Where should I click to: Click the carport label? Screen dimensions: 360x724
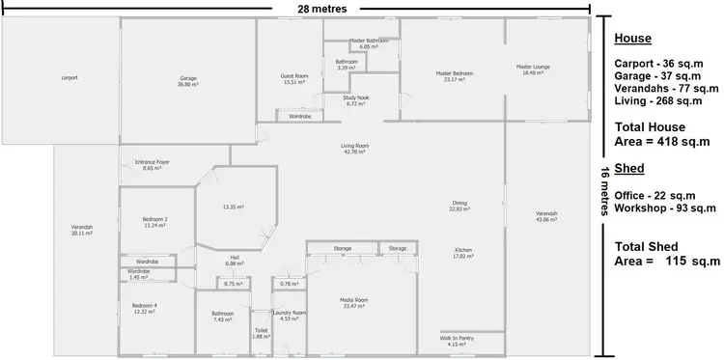[70, 77]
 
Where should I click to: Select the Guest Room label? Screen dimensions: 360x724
[294, 76]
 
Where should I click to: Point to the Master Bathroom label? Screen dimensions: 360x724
[368, 41]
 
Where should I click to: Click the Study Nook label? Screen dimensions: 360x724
[356, 98]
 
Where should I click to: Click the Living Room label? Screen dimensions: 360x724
[354, 147]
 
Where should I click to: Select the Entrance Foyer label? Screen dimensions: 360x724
[153, 162]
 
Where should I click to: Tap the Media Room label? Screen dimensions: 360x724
[354, 301]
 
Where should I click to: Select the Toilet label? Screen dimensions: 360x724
[262, 331]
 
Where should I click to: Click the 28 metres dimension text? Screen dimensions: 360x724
[321, 9]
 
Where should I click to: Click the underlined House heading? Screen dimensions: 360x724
[632, 39]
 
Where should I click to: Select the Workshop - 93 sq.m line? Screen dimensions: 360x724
[665, 208]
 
